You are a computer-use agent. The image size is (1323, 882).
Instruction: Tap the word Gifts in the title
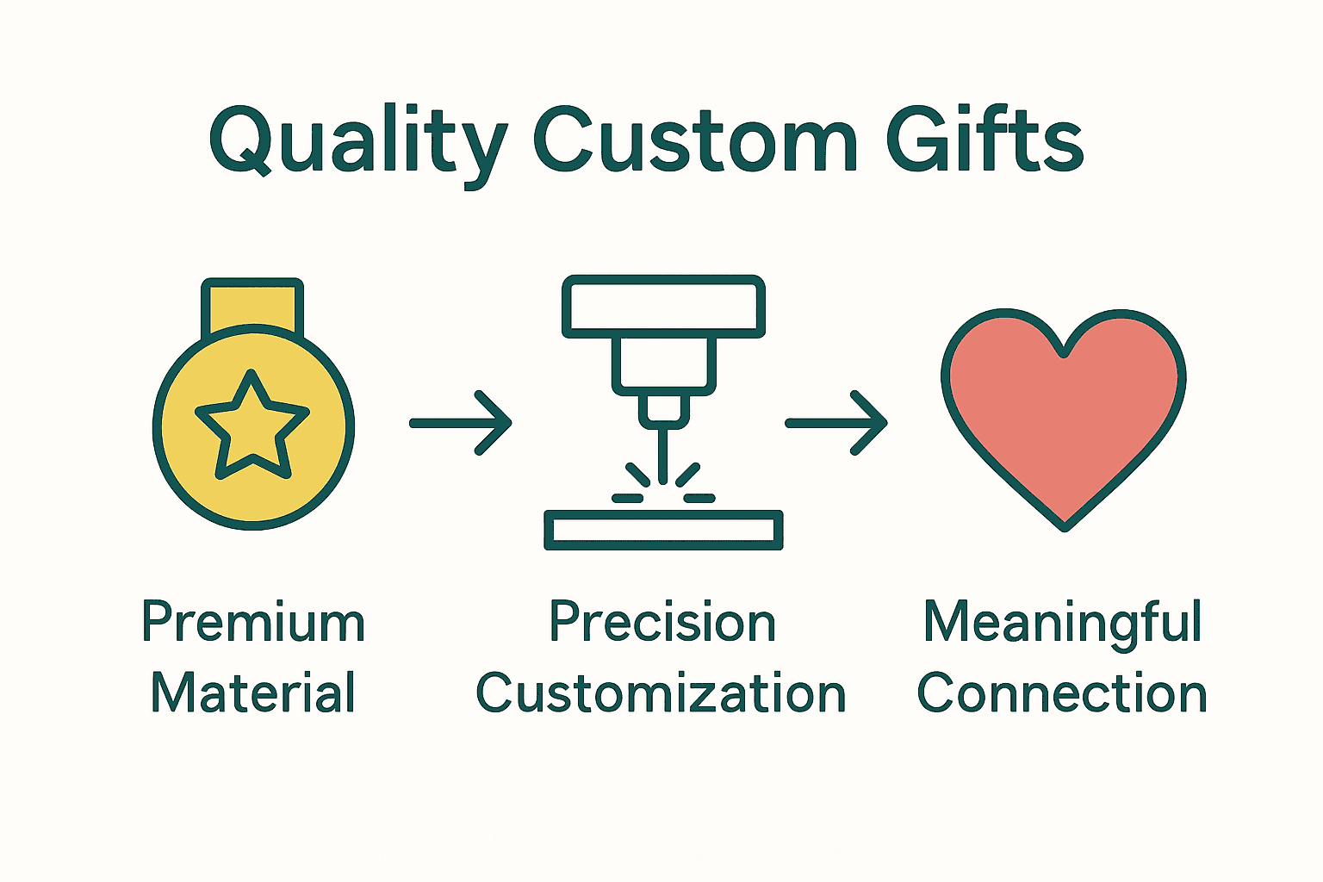click(984, 140)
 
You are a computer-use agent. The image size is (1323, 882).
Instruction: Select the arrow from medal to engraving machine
click(461, 423)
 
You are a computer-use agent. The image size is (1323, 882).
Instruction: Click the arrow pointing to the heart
click(836, 423)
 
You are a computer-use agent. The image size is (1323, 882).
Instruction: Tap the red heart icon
click(1064, 413)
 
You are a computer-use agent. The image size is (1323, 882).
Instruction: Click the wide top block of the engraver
click(663, 307)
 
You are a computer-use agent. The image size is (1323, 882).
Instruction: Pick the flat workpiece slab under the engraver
click(663, 530)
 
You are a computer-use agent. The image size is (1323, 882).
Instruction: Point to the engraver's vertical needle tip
click(662, 457)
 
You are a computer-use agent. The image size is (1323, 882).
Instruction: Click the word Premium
click(253, 622)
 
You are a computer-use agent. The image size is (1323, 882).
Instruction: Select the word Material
click(253, 693)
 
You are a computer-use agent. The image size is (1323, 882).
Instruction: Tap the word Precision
click(662, 622)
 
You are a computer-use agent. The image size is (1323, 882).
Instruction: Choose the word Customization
click(661, 693)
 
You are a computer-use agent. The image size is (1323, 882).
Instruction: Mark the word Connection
click(1062, 693)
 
